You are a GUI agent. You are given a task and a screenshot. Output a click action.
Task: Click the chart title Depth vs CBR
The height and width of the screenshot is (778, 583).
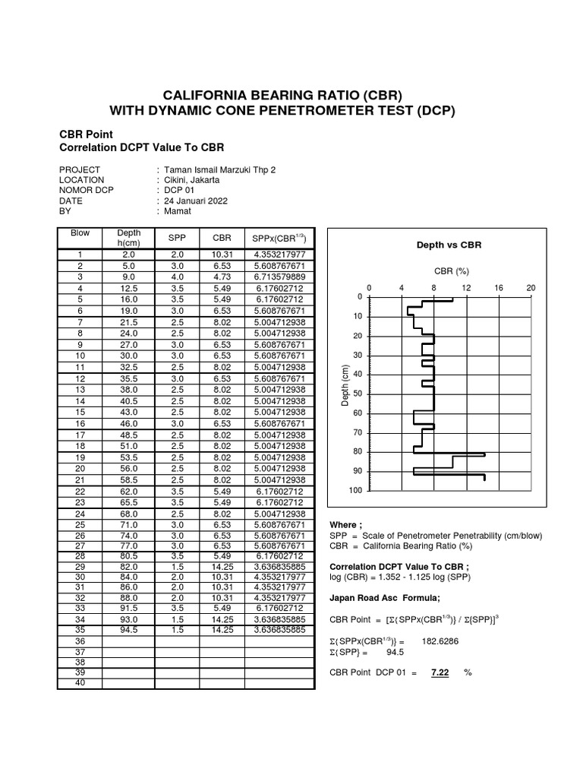(x=448, y=245)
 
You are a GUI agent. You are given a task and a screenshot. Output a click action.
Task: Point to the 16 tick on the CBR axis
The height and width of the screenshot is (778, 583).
(x=499, y=289)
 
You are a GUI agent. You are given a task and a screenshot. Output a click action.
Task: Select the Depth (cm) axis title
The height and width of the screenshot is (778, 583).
(x=345, y=385)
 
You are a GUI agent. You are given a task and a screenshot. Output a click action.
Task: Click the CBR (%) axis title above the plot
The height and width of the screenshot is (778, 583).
(x=452, y=270)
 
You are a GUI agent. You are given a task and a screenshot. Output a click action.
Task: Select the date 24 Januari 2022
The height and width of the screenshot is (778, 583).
(x=196, y=201)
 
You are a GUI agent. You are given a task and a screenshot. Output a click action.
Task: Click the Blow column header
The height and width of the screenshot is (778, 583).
(x=80, y=233)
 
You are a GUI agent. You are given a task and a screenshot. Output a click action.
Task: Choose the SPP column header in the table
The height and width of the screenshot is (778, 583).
(x=177, y=238)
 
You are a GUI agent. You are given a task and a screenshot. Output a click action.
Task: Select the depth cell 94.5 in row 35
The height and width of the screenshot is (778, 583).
(x=128, y=630)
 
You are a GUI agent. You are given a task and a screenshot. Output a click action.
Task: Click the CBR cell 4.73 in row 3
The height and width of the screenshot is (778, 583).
(x=222, y=277)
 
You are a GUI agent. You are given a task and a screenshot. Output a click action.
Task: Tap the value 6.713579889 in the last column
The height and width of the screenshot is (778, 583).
(x=279, y=277)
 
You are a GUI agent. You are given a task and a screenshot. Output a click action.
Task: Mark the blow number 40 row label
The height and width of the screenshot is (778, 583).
(x=80, y=683)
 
